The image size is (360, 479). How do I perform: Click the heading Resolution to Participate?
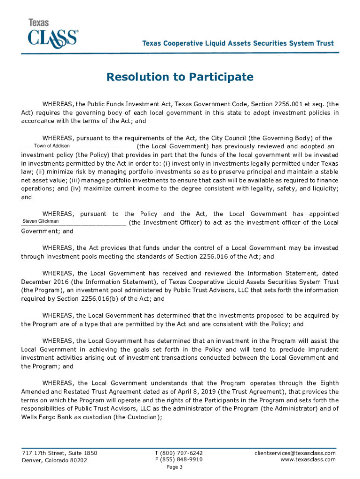point(180,77)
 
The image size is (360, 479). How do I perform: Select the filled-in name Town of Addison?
point(51,146)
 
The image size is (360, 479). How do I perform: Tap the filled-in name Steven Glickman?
point(41,221)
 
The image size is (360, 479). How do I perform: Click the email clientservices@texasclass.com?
point(295,453)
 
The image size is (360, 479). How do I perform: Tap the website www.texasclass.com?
point(308,459)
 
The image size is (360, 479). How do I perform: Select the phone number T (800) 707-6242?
point(179,453)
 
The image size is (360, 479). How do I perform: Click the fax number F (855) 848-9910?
point(179,459)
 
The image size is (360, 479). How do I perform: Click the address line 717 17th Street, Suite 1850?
point(59,453)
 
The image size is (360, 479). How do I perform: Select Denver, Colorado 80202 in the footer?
point(54,460)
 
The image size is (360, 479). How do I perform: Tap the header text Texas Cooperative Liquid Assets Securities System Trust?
point(238,44)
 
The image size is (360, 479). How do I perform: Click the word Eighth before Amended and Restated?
point(326,383)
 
